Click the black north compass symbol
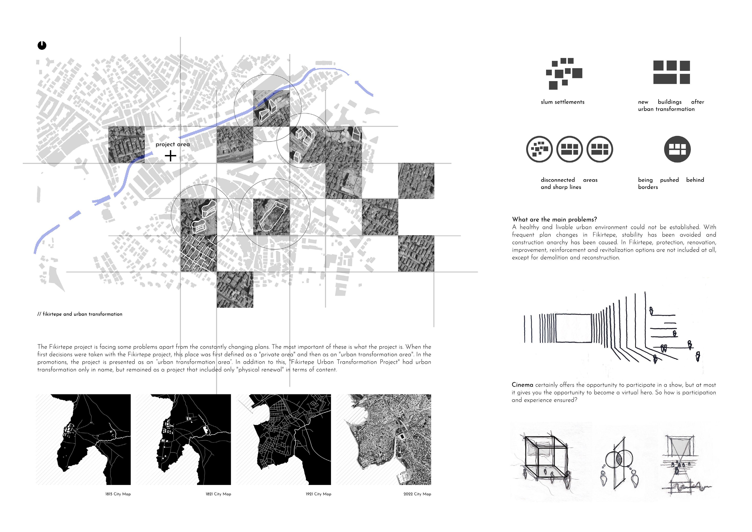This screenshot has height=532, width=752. [x=42, y=45]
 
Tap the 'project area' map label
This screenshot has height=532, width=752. [x=173, y=144]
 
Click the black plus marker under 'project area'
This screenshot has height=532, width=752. [x=170, y=156]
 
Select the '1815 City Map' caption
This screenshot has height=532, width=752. [x=118, y=494]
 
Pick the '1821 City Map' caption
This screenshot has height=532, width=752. [x=218, y=494]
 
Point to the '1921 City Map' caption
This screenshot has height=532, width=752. [x=318, y=494]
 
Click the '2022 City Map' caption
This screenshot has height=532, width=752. [x=417, y=494]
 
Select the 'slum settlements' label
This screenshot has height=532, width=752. [x=563, y=102]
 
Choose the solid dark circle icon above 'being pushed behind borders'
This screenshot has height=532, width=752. [x=677, y=149]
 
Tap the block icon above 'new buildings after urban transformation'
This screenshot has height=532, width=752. [x=672, y=72]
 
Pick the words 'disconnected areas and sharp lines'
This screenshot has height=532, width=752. [x=569, y=183]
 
